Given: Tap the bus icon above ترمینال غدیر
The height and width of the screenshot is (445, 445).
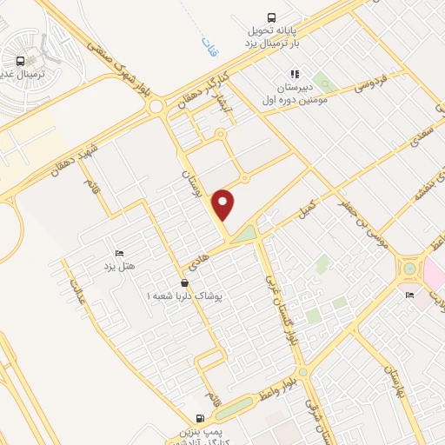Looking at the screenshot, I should pos(19,61).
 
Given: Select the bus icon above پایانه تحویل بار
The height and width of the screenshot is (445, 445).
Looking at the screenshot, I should pos(272,17).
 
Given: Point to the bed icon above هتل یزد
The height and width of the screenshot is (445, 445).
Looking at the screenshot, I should pos(119,252).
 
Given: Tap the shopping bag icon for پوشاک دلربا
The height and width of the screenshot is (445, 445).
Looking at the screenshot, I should pos(184,283).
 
